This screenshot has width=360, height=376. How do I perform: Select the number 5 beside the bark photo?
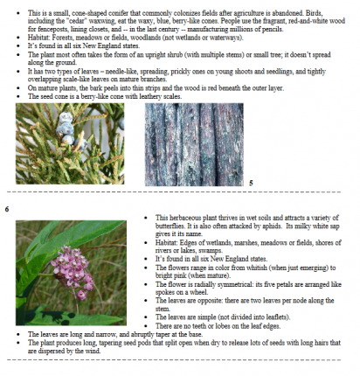(250, 182)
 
